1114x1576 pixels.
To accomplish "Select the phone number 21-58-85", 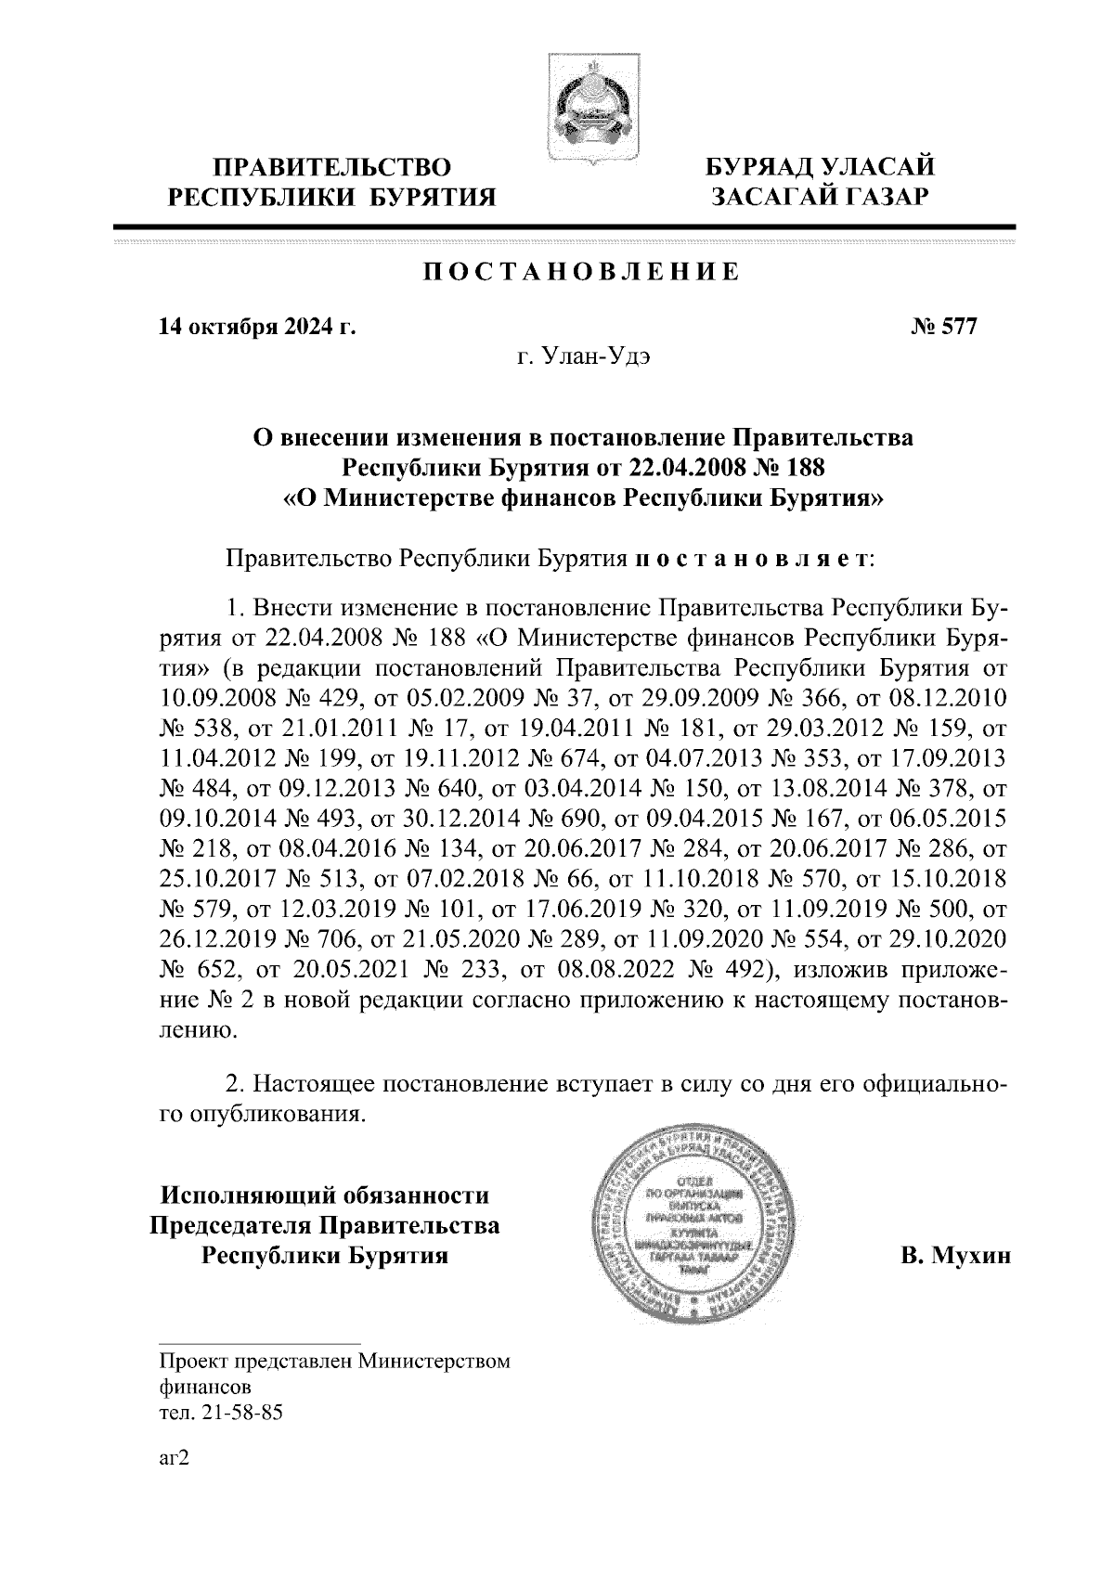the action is pos(237,1414).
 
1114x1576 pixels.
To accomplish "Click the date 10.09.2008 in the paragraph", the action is pos(215,697).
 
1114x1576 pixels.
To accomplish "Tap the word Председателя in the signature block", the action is pos(232,1225).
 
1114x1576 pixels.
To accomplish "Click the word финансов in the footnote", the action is pos(204,1388).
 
